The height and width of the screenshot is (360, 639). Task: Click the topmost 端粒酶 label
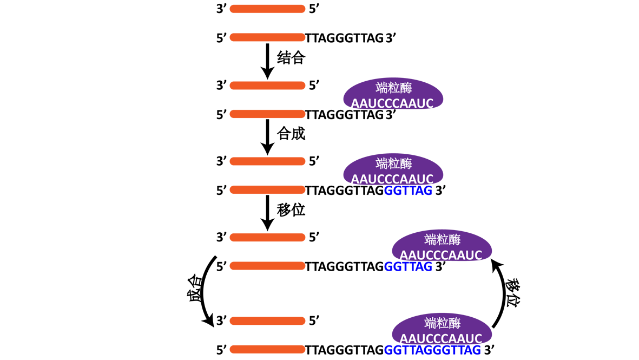point(394,88)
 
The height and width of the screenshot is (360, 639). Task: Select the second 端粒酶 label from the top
point(394,163)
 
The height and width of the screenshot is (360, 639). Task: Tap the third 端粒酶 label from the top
point(443,240)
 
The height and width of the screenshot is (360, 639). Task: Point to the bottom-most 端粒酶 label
point(443,323)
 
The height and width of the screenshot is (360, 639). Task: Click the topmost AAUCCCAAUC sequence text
point(392,103)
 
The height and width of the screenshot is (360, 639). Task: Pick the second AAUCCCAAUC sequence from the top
point(392,179)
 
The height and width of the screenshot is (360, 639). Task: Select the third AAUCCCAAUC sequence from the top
point(440,256)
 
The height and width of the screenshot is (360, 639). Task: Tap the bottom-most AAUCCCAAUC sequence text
point(440,339)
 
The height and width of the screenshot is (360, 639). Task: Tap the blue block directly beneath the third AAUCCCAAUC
point(409,277)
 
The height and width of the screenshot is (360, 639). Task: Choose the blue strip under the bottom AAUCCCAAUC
point(433,350)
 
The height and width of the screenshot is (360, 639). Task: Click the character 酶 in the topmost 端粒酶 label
point(406,88)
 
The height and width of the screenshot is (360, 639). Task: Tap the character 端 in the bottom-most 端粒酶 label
point(431,323)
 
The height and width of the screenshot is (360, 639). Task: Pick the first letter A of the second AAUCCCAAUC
point(355,179)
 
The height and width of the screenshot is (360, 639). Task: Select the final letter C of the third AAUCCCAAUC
point(477,256)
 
